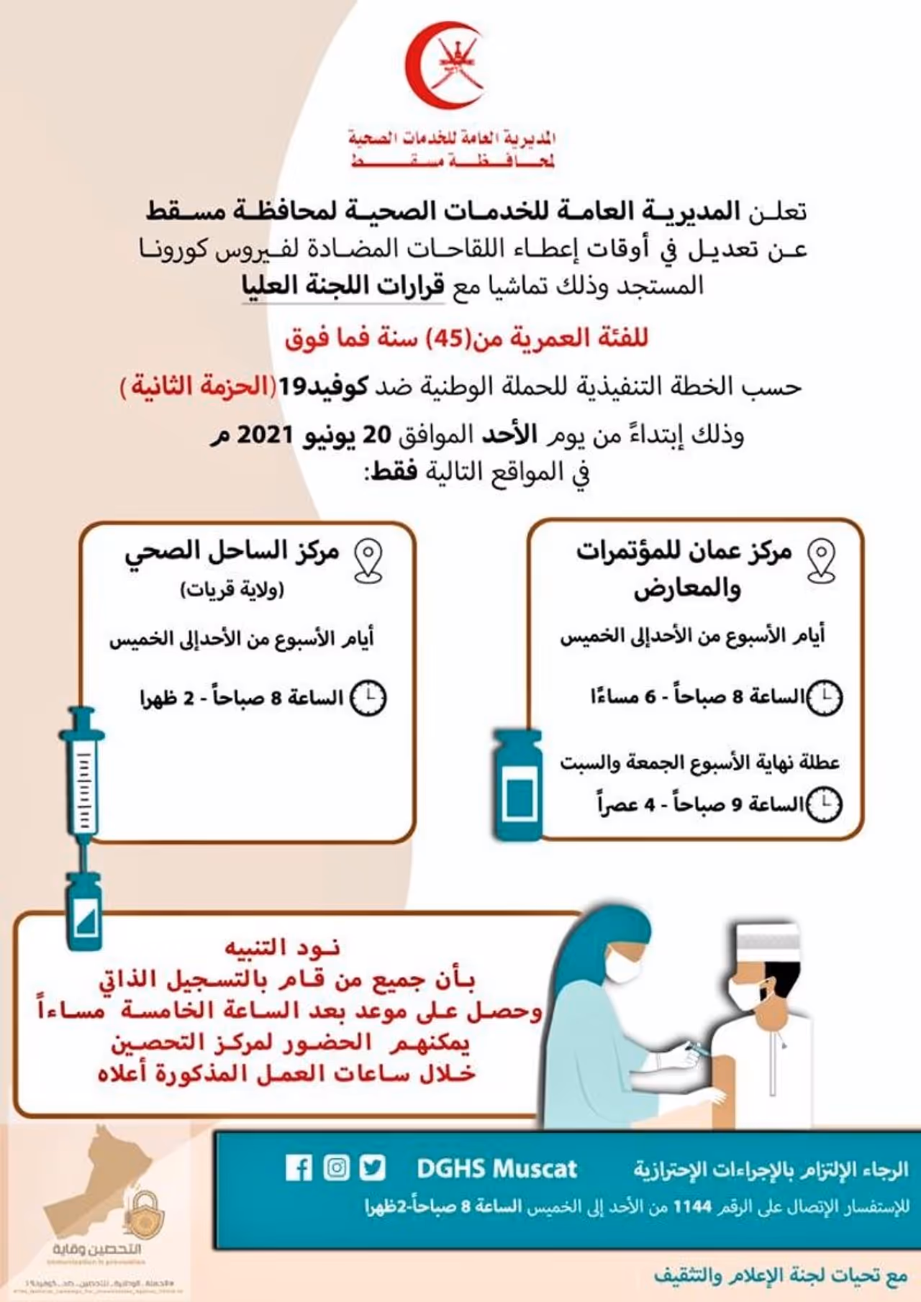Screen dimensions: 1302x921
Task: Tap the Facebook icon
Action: pyautogui.click(x=299, y=1167)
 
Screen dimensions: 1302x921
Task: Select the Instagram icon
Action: pyautogui.click(x=336, y=1167)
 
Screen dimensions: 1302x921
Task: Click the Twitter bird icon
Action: pyautogui.click(x=373, y=1167)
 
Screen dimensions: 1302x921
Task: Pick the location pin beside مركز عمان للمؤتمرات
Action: pyautogui.click(x=821, y=560)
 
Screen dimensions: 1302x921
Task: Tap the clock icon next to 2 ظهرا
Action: pyautogui.click(x=368, y=698)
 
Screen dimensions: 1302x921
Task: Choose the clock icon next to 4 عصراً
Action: pyautogui.click(x=824, y=804)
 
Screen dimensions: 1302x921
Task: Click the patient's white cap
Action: pyautogui.click(x=769, y=946)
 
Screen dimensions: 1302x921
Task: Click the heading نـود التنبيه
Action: pyautogui.click(x=282, y=947)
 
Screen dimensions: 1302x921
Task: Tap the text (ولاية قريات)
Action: pyautogui.click(x=232, y=591)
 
